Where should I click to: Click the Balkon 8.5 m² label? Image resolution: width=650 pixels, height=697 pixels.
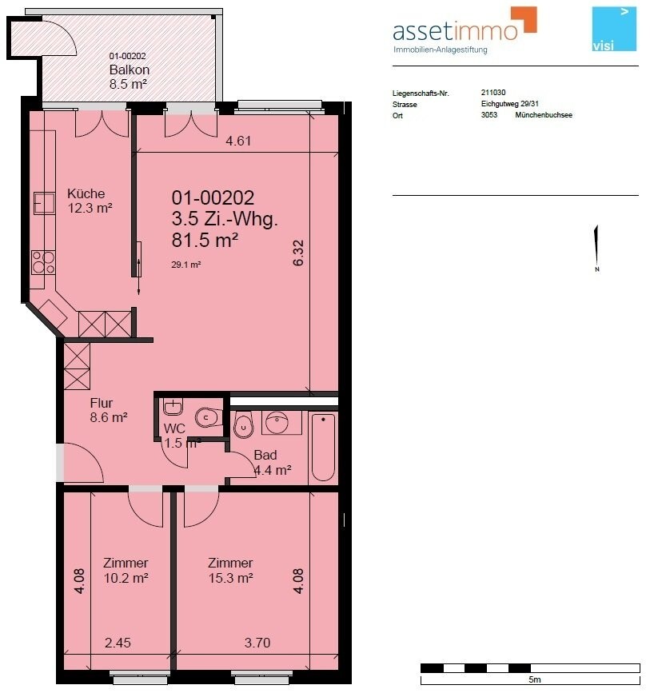click(128, 77)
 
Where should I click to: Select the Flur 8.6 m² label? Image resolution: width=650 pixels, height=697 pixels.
click(109, 410)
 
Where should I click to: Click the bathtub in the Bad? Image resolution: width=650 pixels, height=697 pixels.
click(323, 447)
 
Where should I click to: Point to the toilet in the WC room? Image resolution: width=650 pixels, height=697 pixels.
click(209, 417)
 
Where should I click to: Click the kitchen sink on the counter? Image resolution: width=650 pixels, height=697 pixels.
click(44, 204)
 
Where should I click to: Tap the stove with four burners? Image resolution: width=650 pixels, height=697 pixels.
click(43, 263)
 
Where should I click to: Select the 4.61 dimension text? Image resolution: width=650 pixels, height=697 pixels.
click(238, 141)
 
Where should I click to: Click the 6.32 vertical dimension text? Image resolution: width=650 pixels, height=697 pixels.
click(298, 253)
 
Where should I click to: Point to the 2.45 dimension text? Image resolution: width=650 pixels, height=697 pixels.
click(118, 643)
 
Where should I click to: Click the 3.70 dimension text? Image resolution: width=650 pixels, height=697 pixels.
click(257, 643)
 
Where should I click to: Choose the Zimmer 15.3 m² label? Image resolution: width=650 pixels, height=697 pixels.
click(230, 571)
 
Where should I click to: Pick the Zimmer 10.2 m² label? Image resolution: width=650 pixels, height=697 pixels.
click(126, 571)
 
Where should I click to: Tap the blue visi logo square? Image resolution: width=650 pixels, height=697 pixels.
click(614, 29)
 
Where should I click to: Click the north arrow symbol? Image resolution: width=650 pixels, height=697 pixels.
click(596, 248)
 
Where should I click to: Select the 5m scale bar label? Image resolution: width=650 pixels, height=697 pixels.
click(534, 679)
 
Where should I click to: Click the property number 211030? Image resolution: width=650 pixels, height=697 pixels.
click(493, 93)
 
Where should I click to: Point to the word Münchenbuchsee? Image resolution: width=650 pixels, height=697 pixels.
click(544, 114)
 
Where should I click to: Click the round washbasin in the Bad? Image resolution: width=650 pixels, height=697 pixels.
click(277, 421)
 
